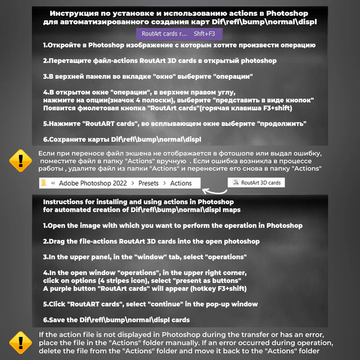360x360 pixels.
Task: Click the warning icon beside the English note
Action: (21, 342)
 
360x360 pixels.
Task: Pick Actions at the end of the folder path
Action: (181, 183)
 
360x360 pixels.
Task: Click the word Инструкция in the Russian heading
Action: (75, 13)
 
